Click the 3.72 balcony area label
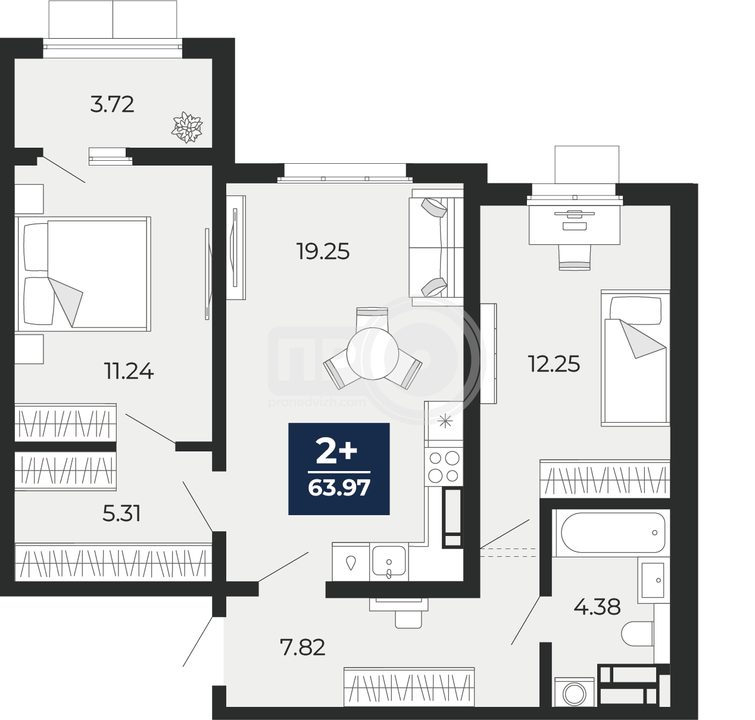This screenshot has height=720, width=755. [112, 104]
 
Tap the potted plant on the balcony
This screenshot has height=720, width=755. [187, 127]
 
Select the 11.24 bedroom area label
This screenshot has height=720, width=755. [129, 371]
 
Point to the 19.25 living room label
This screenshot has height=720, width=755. [323, 252]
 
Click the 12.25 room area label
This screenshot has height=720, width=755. [554, 364]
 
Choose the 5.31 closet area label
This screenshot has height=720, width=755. [121, 513]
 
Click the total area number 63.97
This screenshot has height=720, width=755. [339, 488]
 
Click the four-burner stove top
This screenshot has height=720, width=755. [444, 467]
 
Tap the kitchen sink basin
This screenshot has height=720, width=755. [389, 562]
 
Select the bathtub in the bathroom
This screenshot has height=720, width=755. [613, 533]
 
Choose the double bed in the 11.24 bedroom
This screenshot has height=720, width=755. [83, 274]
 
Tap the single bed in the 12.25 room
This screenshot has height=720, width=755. [635, 358]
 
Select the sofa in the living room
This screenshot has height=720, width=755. [436, 247]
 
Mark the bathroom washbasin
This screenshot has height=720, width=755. [653, 580]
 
